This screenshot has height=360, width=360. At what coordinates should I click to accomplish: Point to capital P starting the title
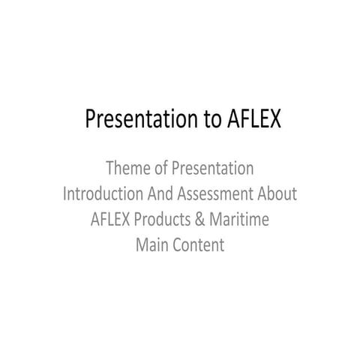pos(91,119)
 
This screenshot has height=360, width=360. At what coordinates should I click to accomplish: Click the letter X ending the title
pos(265,119)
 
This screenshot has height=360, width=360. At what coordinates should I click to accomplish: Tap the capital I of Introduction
pos(65,193)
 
